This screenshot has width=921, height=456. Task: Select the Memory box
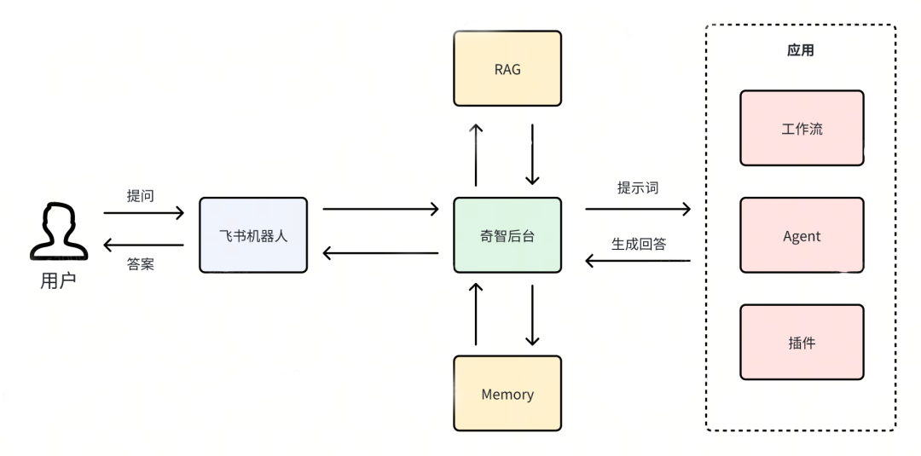507,394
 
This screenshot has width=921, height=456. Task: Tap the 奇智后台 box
507,235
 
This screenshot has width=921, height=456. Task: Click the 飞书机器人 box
253,235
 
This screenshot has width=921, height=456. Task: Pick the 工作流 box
802,128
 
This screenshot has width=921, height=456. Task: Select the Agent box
802,235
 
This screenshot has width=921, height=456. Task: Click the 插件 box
802,342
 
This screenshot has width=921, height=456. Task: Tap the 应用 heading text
800,50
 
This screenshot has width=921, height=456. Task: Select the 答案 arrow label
140,264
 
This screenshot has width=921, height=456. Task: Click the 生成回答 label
638,244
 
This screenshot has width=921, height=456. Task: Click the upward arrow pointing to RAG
477,153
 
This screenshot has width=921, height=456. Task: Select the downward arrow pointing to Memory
533,315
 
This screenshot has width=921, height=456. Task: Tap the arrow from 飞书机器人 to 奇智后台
380,208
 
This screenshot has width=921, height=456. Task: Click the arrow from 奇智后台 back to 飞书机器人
380,252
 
